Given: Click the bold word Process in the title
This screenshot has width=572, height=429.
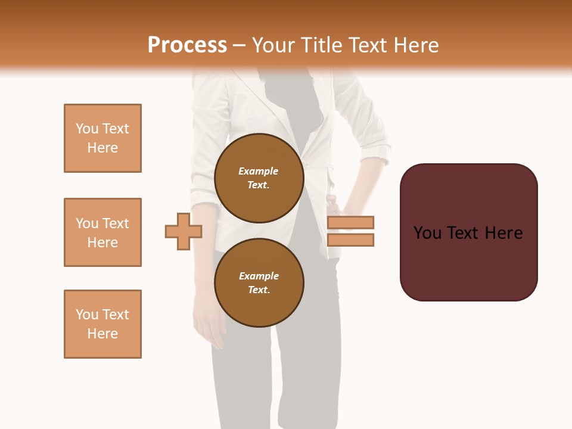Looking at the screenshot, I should [x=187, y=45].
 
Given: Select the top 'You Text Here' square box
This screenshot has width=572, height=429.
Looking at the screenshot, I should [x=102, y=138].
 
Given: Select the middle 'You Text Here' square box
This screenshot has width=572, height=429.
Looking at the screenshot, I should [x=102, y=232].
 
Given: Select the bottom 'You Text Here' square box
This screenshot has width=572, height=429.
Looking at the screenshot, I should [x=102, y=324].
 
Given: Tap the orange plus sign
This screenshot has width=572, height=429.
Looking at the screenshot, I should [x=184, y=231].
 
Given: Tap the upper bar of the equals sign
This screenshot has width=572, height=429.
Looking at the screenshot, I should [x=351, y=223].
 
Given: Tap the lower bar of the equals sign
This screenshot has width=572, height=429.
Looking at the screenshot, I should [x=351, y=240].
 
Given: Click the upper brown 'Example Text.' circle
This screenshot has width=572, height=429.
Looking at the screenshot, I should [x=259, y=178].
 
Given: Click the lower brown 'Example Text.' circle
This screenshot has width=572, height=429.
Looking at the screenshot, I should [x=259, y=283].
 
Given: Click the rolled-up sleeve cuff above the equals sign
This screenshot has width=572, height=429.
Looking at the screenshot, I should [x=376, y=146].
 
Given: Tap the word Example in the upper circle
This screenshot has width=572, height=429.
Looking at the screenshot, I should [x=259, y=171].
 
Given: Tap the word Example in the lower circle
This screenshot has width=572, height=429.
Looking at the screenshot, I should [x=259, y=276].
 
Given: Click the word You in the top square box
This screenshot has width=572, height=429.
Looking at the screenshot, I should [x=86, y=129].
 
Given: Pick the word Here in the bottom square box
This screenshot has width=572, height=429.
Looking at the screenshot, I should [x=102, y=334].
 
